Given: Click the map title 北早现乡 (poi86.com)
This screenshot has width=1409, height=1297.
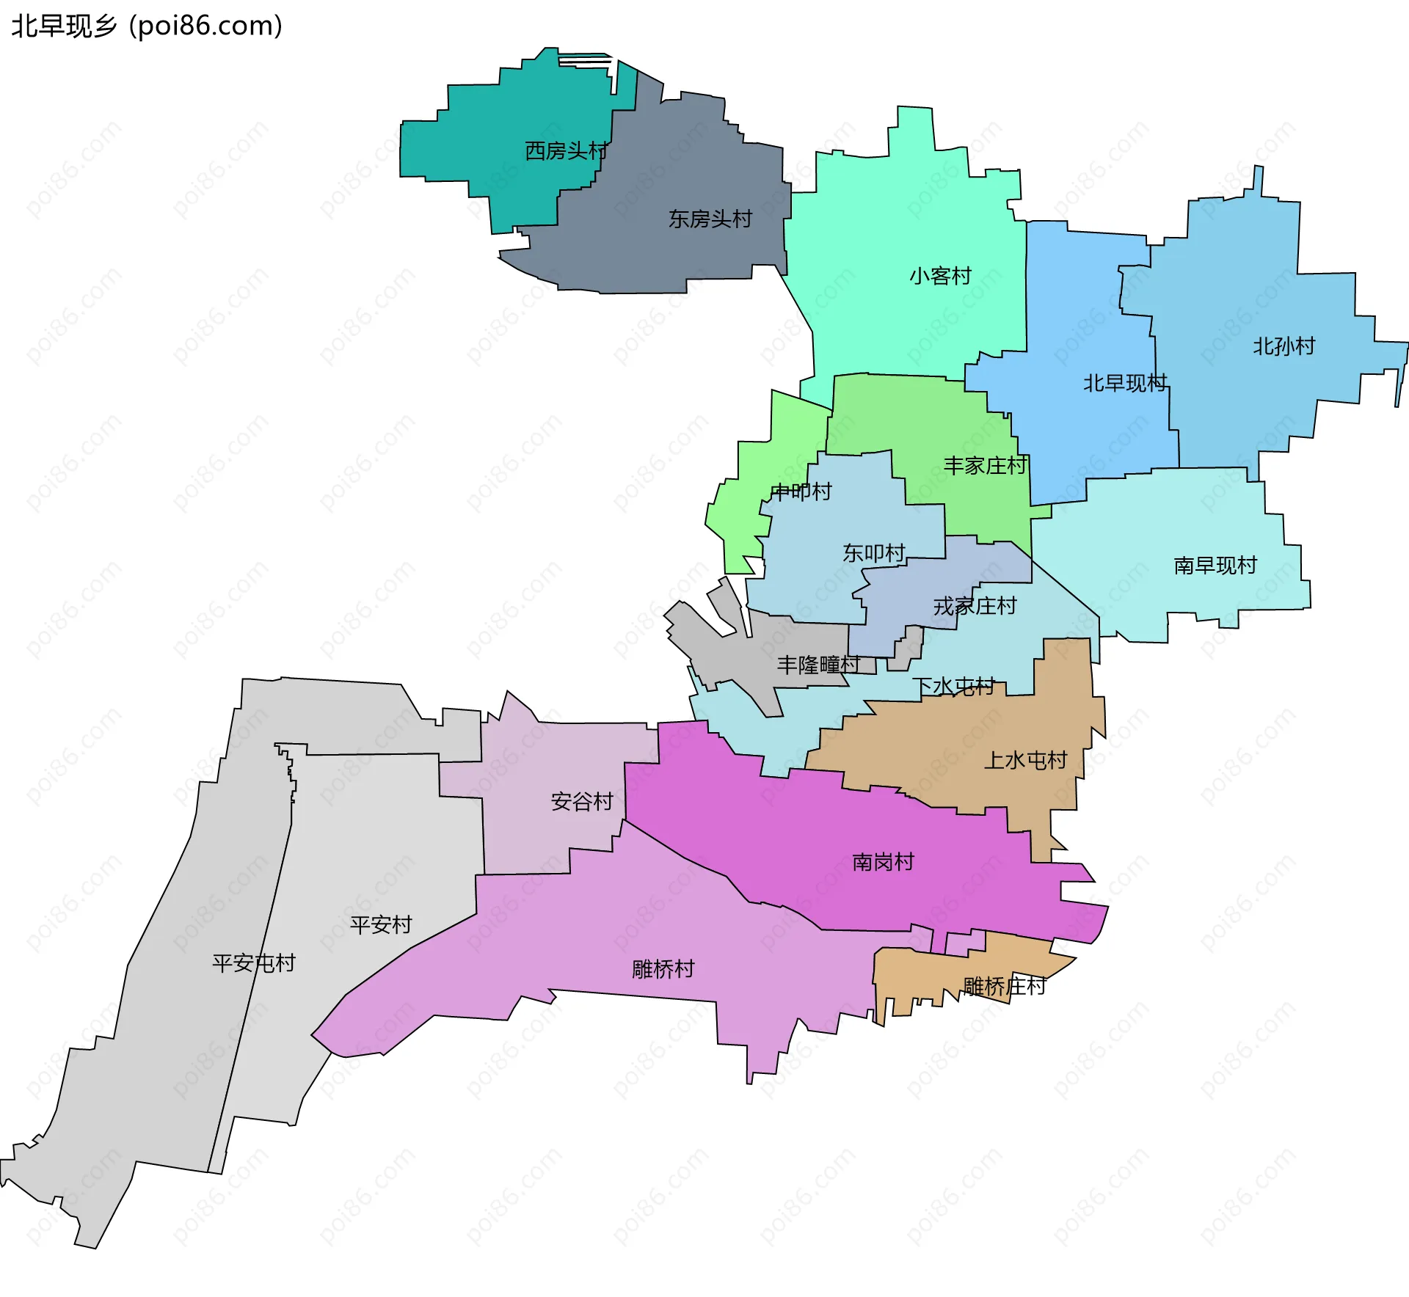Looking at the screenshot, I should click(147, 26).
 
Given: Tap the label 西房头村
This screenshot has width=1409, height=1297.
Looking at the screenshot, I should click(566, 151).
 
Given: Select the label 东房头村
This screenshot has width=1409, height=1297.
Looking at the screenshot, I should click(710, 219).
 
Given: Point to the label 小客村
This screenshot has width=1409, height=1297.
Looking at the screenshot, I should click(940, 276).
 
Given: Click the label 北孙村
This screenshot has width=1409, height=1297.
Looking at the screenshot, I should click(1284, 346).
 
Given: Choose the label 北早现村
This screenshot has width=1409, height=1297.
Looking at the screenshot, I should click(1125, 383).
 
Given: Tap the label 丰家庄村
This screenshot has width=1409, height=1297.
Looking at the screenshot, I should click(984, 466).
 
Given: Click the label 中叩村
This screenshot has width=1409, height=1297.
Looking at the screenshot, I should click(801, 492).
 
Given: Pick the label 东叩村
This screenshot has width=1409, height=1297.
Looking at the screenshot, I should click(873, 553).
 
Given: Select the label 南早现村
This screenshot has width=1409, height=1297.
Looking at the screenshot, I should click(1215, 566).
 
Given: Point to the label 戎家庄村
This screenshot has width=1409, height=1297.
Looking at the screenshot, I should click(975, 607).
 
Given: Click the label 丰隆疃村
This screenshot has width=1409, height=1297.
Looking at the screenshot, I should click(818, 665).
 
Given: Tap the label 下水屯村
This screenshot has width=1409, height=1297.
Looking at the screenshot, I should click(953, 687).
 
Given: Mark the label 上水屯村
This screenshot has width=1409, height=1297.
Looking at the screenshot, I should click(1025, 760).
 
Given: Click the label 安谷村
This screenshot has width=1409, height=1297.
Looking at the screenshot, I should click(582, 801).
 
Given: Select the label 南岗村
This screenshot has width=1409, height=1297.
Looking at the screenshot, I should click(883, 862).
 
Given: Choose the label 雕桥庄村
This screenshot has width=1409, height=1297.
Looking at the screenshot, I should click(1004, 986).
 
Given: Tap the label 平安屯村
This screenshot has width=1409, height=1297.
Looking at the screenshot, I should click(253, 963).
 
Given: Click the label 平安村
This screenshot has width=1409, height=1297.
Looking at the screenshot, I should click(381, 924).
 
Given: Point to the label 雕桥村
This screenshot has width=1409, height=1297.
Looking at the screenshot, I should click(663, 969).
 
